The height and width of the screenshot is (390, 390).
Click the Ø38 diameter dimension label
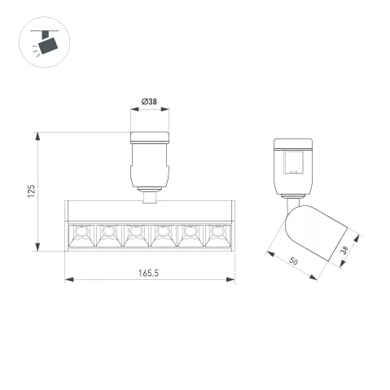pyautogui.click(x=150, y=101)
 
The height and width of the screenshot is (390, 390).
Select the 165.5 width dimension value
pyautogui.click(x=149, y=272)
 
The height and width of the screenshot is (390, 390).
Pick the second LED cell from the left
pyautogui.click(x=107, y=235)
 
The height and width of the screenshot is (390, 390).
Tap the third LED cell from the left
pyautogui.click(x=134, y=235)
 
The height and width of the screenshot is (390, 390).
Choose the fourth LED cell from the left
pyautogui.click(x=162, y=235)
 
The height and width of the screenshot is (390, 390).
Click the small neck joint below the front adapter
pyautogui.click(x=150, y=195)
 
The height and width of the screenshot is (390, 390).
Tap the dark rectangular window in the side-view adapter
pyautogui.click(x=293, y=160)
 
